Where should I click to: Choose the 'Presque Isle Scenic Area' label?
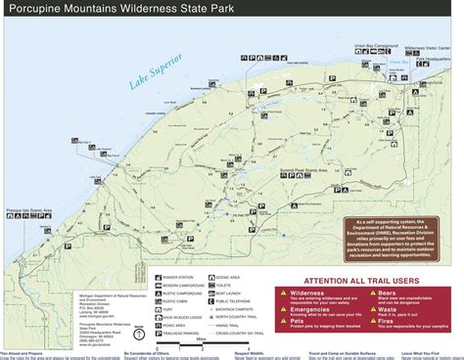pyautogui.click(x=28, y=208)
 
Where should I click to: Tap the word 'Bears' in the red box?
pyautogui.click(x=390, y=291)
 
